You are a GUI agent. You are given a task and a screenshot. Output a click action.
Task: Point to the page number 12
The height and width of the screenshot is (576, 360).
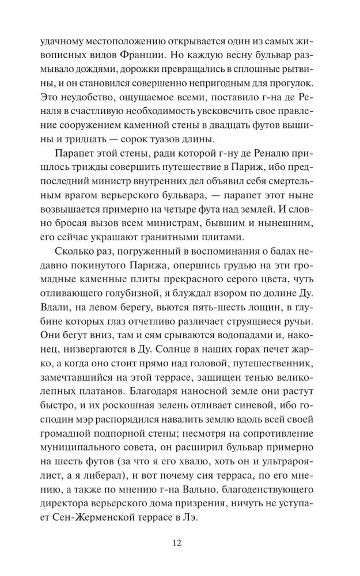click(x=178, y=560)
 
